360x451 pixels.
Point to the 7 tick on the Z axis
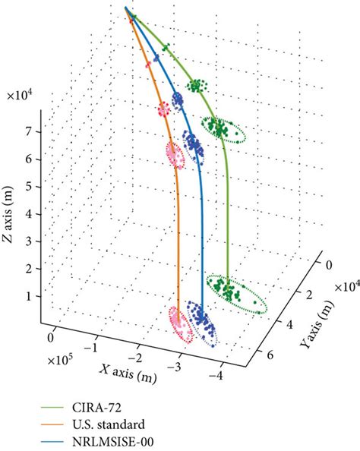pyautogui.click(x=29, y=132)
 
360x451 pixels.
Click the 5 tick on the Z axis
pyautogui.click(x=29, y=186)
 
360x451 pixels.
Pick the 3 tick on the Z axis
pyautogui.click(x=29, y=241)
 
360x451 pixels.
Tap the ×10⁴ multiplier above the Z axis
pyautogui.click(x=21, y=96)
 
